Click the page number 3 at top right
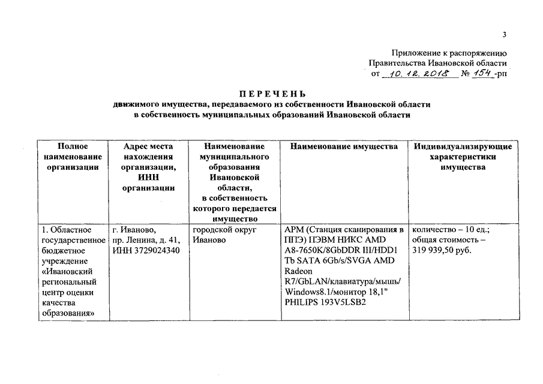pyautogui.click(x=505, y=34)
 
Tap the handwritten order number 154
pyautogui.click(x=482, y=73)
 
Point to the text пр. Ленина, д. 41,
pyautogui.click(x=146, y=240)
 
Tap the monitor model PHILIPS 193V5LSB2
pyautogui.click(x=325, y=302)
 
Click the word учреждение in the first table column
pyautogui.click(x=65, y=261)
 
